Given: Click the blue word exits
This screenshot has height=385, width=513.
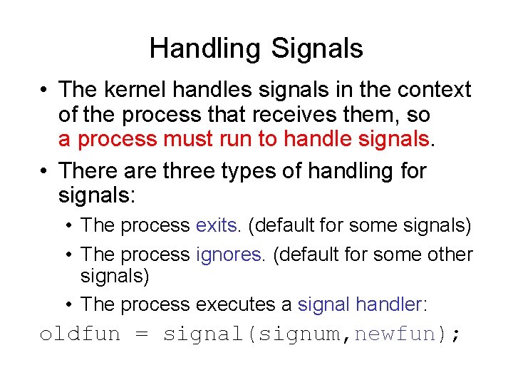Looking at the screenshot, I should [x=218, y=226].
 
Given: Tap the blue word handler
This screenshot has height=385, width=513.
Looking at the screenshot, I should [x=389, y=304].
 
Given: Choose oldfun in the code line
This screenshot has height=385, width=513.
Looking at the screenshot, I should [x=80, y=334].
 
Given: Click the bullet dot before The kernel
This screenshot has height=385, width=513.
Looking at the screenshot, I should [x=45, y=91].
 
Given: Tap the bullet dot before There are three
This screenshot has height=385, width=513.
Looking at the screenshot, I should [x=45, y=172].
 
